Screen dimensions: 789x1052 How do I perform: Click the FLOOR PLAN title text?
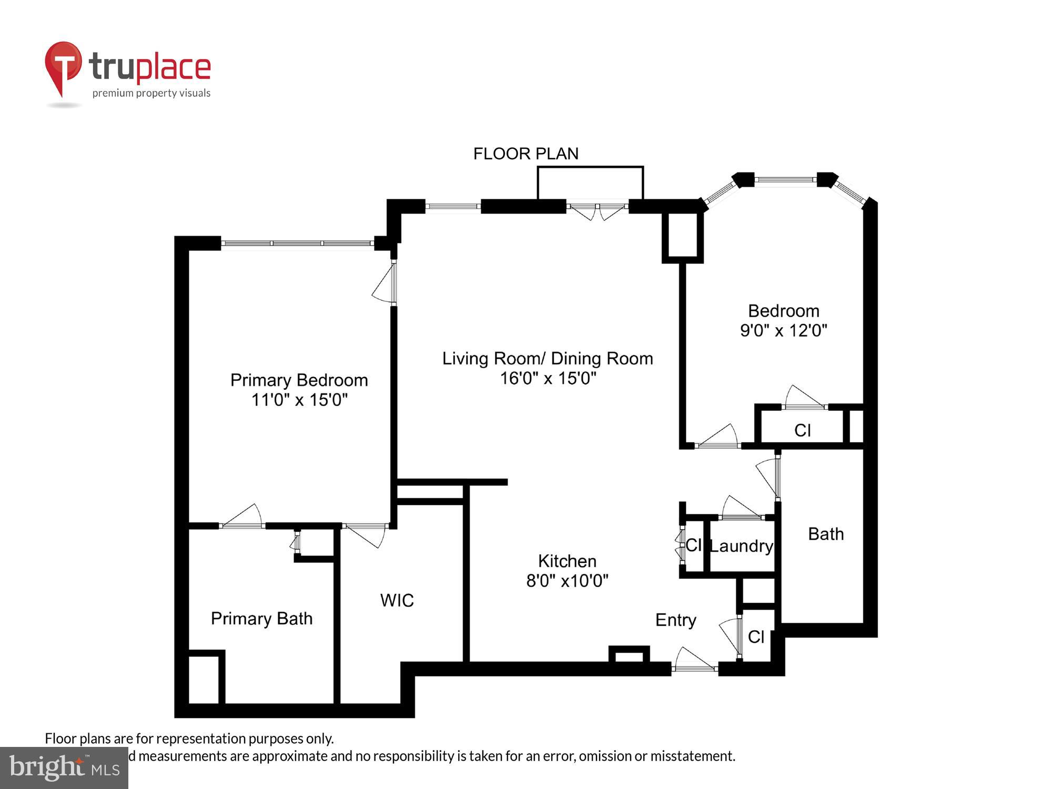click(525, 154)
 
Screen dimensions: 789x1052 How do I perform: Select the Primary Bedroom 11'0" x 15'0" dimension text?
click(299, 400)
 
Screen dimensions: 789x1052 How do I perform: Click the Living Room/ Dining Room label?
click(547, 359)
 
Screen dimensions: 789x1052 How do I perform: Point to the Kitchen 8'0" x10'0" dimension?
click(567, 581)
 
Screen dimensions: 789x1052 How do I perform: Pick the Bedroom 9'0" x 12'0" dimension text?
click(783, 330)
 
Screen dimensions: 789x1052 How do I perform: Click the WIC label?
click(397, 600)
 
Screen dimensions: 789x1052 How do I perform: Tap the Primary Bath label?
click(261, 619)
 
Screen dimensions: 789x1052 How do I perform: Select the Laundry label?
click(741, 546)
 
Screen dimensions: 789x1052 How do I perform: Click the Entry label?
click(675, 620)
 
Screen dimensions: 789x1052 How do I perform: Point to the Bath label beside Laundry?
click(825, 534)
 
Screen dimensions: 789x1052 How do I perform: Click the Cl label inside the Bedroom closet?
click(802, 430)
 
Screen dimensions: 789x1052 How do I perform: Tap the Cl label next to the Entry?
click(756, 637)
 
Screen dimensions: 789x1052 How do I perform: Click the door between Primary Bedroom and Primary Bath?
click(242, 518)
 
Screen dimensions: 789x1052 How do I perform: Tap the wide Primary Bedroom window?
click(297, 243)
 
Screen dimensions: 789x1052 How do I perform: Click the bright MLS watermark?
click(64, 768)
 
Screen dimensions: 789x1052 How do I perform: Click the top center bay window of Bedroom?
click(785, 180)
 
